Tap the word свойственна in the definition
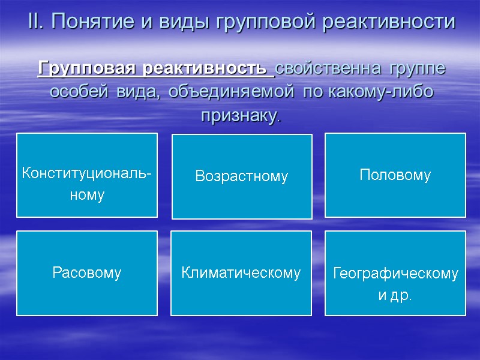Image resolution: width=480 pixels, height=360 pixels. (329, 68)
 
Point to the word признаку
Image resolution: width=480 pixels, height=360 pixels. (239, 115)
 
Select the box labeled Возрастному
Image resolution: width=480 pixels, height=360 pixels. (242, 176)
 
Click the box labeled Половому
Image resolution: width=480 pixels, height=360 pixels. (395, 175)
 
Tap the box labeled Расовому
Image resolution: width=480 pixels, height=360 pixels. (87, 273)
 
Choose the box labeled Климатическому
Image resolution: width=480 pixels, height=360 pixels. (241, 273)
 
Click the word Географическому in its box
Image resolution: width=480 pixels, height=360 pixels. (395, 274)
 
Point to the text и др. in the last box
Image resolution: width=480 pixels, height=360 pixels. (395, 296)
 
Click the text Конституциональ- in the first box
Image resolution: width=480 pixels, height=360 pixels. (87, 174)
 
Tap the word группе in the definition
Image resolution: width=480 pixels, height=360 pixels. (417, 68)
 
